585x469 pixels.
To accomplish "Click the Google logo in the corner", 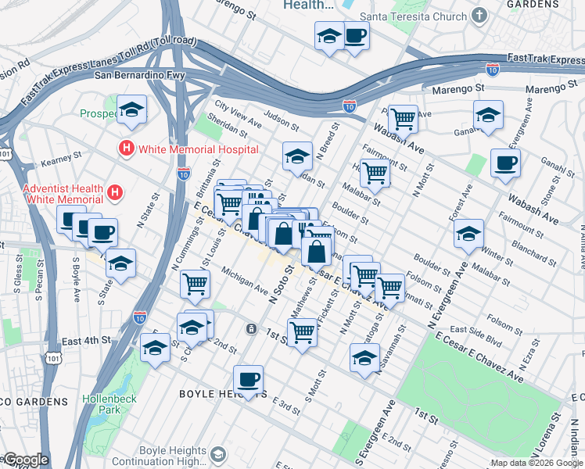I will [x=25, y=460].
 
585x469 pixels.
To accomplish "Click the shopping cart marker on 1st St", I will [x=303, y=332].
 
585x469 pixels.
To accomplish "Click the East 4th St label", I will [x=87, y=341].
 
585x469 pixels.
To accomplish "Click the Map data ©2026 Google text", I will [x=537, y=463].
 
